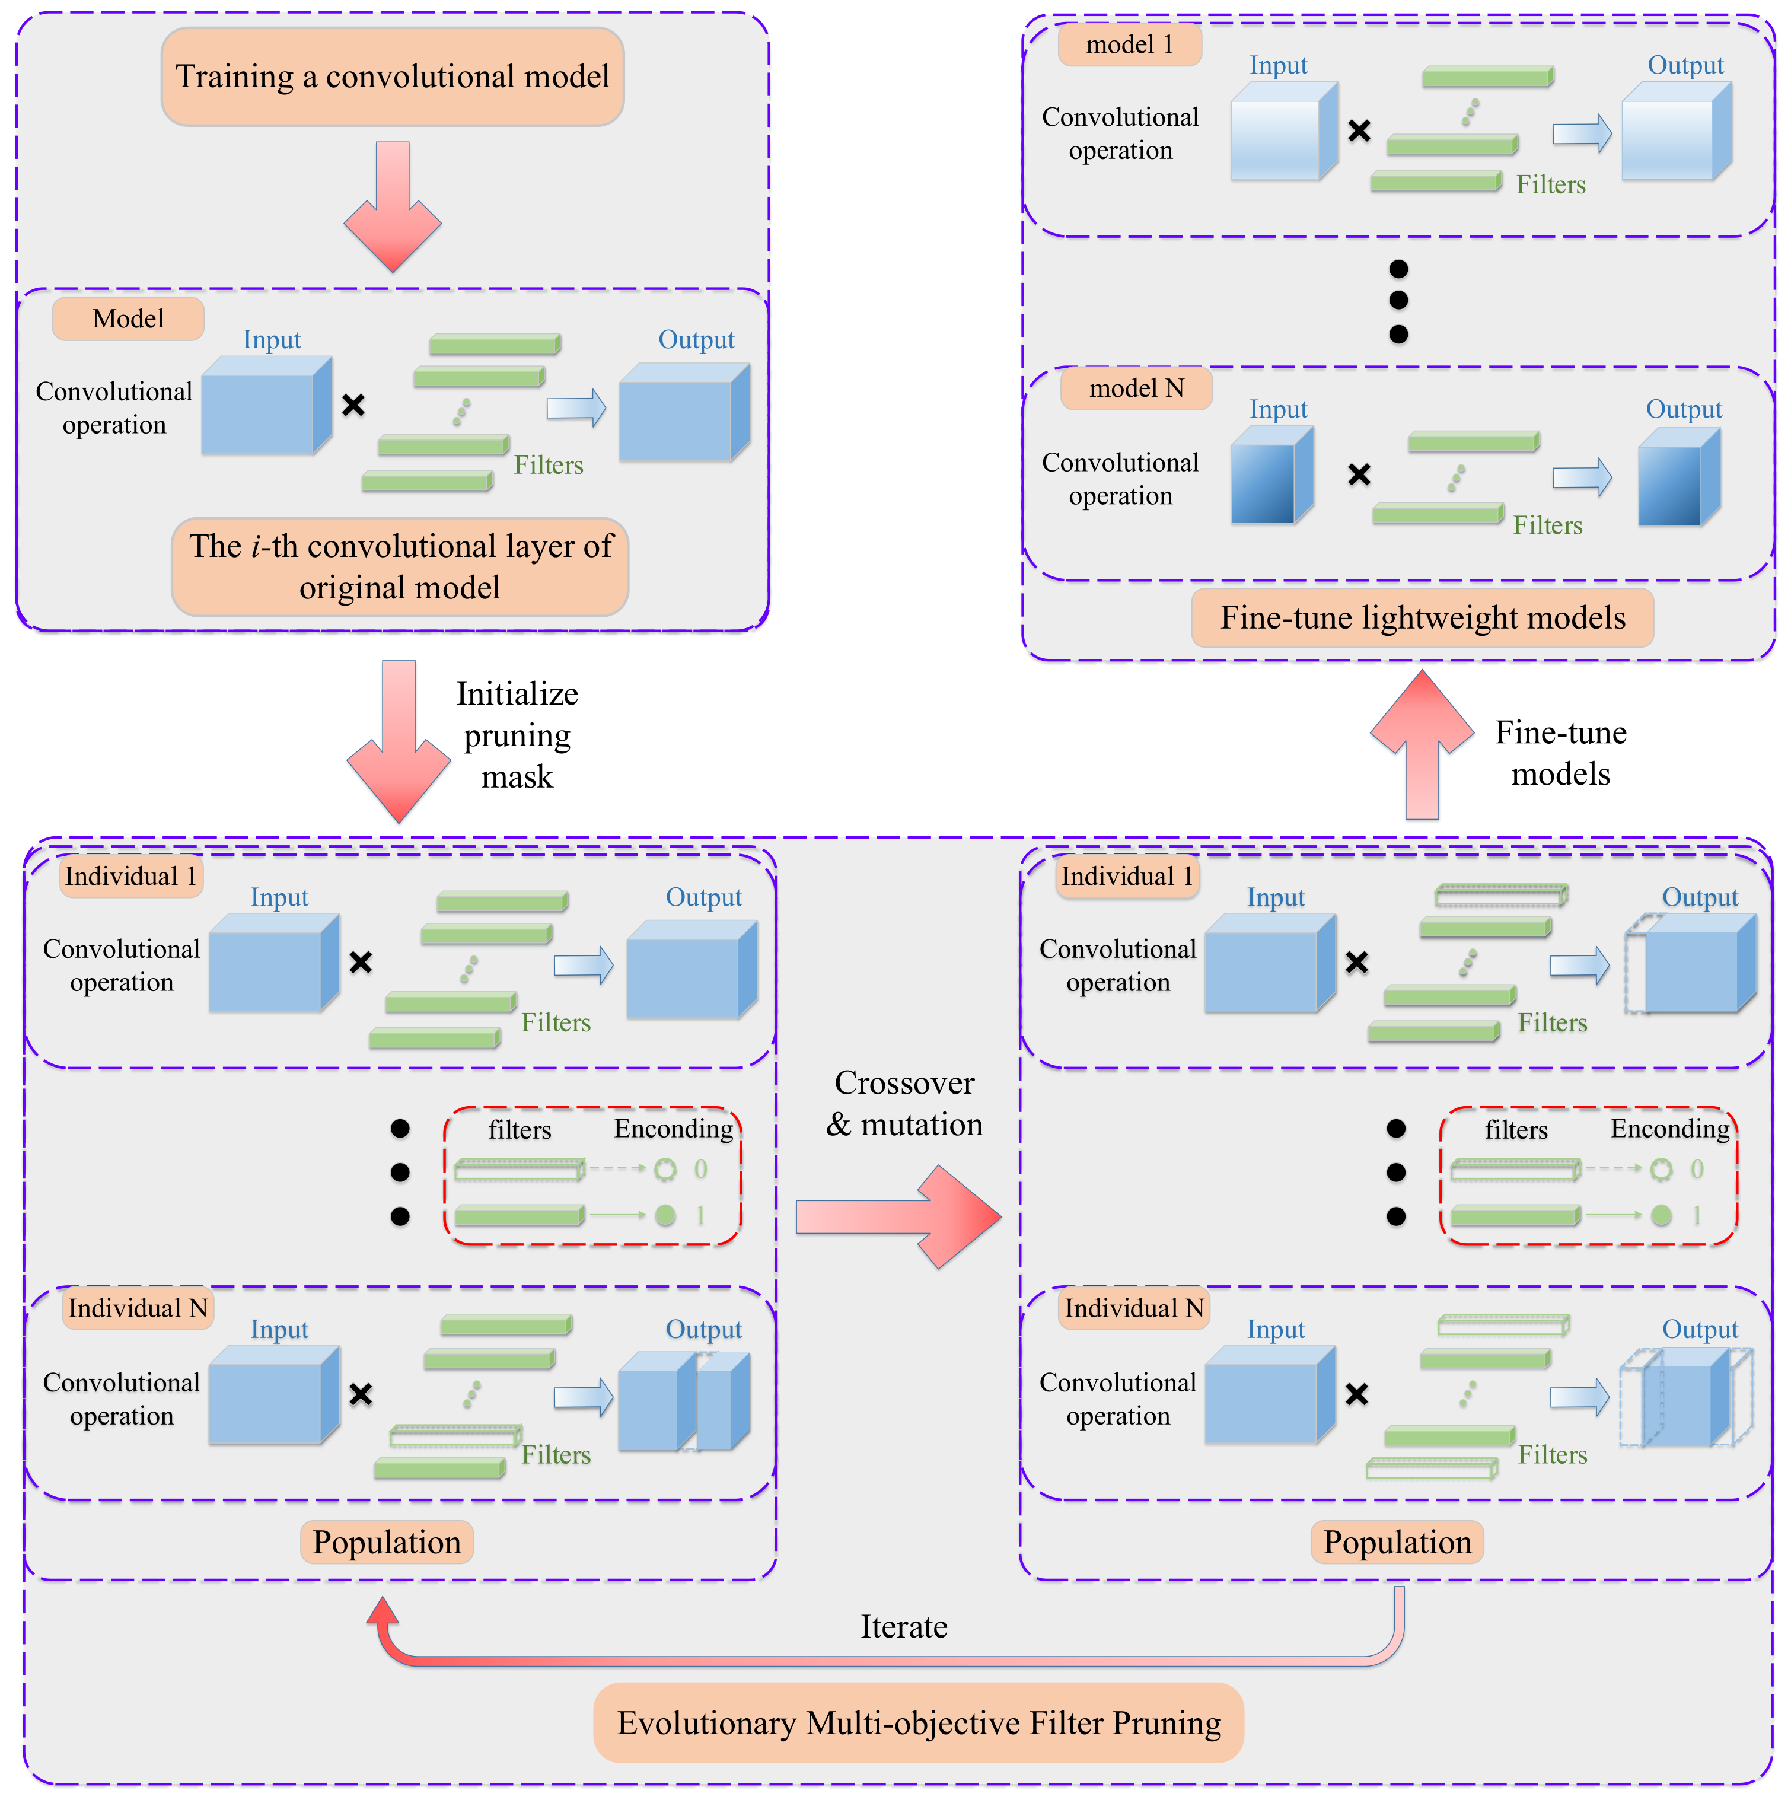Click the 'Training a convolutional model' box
(x=392, y=77)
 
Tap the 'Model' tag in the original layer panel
(x=128, y=319)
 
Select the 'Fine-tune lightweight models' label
(x=1422, y=618)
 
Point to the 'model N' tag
(x=1136, y=388)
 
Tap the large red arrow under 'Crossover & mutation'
(x=899, y=1216)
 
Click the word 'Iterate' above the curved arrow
(x=903, y=1627)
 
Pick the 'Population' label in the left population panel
(x=387, y=1541)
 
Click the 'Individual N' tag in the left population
(x=137, y=1308)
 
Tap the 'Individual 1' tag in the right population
(x=1126, y=877)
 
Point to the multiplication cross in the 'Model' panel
(x=353, y=405)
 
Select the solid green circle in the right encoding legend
(x=1661, y=1215)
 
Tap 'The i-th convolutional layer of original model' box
(x=400, y=566)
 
